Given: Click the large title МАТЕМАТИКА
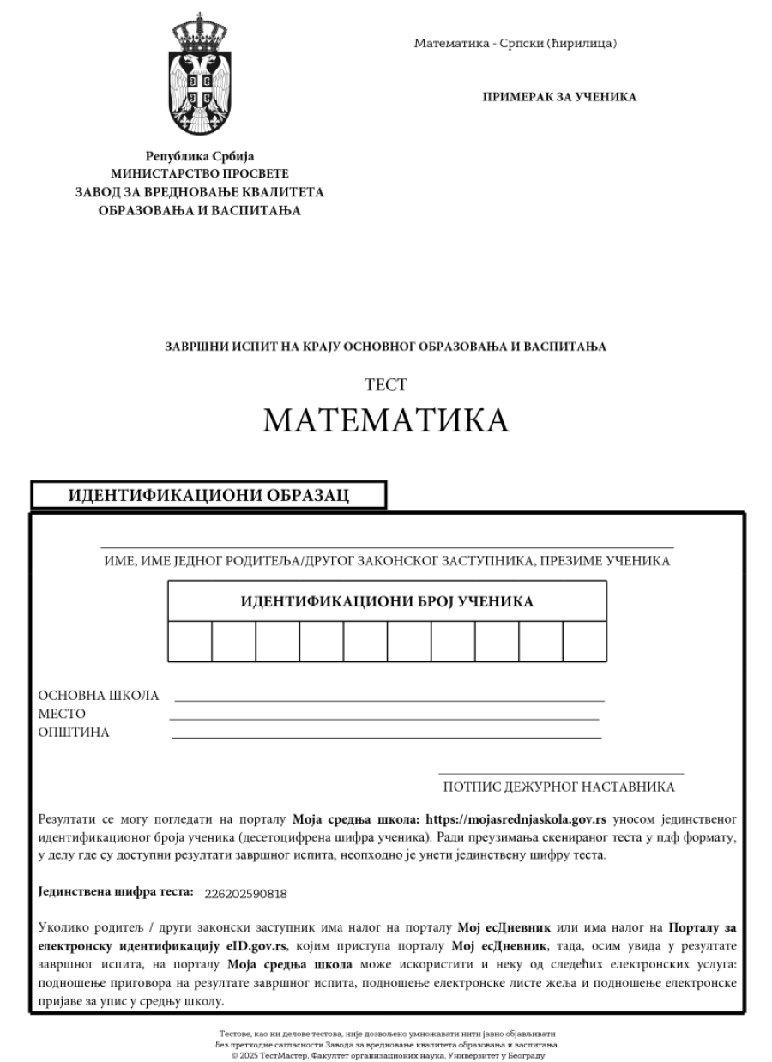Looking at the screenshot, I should tap(385, 420).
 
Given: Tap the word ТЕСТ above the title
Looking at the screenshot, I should tap(385, 385).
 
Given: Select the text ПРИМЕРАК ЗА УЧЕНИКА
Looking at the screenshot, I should tap(560, 97).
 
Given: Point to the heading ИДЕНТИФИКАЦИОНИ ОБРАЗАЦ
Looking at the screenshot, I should tap(208, 496).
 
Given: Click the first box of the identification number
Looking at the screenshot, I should tap(190, 642).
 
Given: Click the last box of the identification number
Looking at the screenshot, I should tap(585, 642).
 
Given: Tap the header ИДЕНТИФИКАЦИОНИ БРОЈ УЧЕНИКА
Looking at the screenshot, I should tap(387, 601).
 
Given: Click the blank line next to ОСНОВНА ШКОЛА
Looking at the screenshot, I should tap(389, 700).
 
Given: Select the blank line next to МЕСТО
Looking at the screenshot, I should tap(384, 718).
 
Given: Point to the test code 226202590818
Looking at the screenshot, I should tap(246, 894).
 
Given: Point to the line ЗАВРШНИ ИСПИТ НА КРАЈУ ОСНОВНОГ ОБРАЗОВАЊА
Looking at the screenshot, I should tap(385, 347).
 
